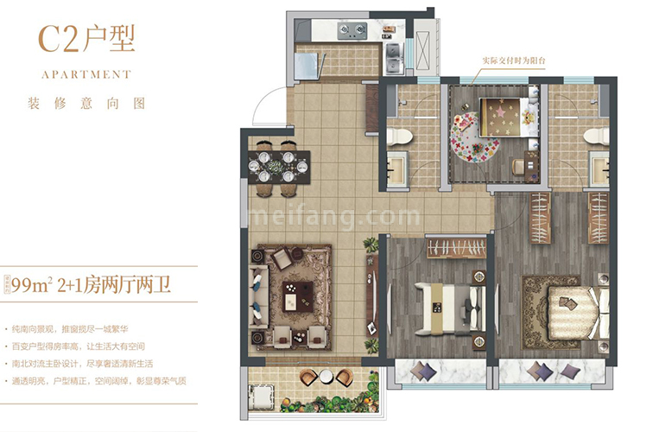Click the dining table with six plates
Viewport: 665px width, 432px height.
(x=275, y=167)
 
